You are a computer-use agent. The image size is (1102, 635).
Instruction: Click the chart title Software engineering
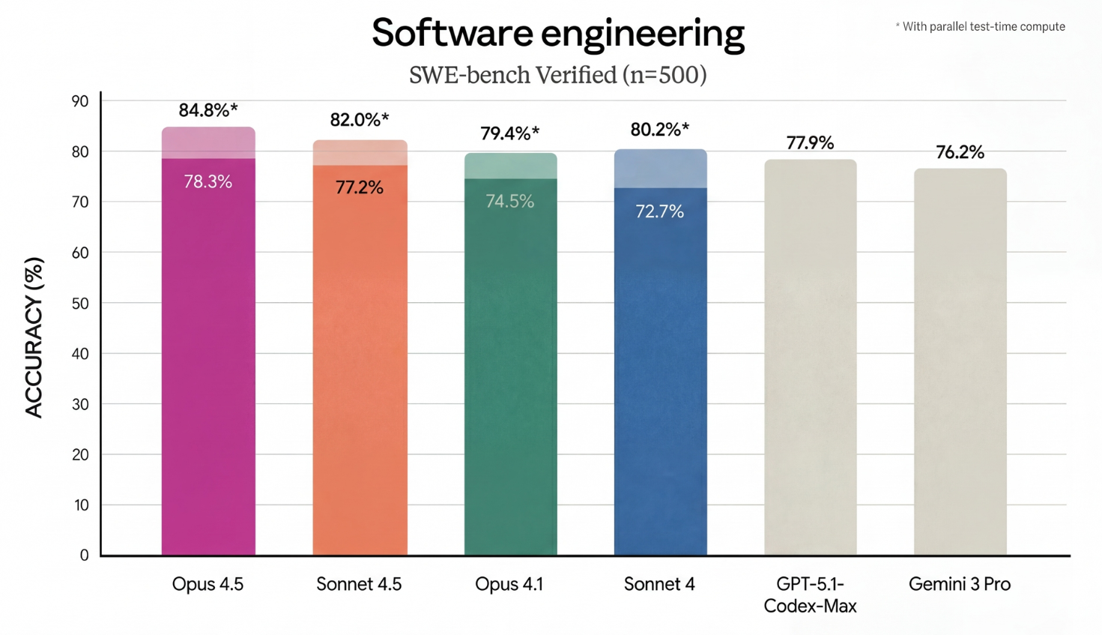coord(558,34)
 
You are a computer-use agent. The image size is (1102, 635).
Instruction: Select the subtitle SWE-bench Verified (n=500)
coord(558,75)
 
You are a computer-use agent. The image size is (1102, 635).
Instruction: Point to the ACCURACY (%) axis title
coord(34,337)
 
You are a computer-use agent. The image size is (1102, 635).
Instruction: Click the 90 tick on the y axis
coord(80,101)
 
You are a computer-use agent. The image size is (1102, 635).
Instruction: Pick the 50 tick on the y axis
coord(80,304)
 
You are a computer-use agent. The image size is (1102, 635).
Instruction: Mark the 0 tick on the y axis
coord(85,556)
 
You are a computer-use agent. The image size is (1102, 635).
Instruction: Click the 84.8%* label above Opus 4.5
coord(208,111)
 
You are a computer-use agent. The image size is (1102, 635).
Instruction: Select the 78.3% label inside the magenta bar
coord(208,181)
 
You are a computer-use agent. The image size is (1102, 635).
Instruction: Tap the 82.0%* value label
coord(360,120)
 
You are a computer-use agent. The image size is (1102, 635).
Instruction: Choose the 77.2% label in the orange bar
coord(360,187)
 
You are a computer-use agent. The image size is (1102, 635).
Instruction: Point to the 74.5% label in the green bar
coord(510,201)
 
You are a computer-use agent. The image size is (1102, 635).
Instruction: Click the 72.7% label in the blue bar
coord(660,211)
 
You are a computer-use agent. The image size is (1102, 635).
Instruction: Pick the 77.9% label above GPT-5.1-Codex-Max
coord(810,142)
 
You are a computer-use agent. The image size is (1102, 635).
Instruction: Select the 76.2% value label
coord(960,152)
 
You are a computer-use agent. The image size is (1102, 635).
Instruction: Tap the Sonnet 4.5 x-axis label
coord(359,584)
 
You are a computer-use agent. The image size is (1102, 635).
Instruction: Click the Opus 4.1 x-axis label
coord(509,584)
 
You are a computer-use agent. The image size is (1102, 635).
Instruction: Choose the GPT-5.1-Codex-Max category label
coord(810,595)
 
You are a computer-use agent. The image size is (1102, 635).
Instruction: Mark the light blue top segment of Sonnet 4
coord(660,169)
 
